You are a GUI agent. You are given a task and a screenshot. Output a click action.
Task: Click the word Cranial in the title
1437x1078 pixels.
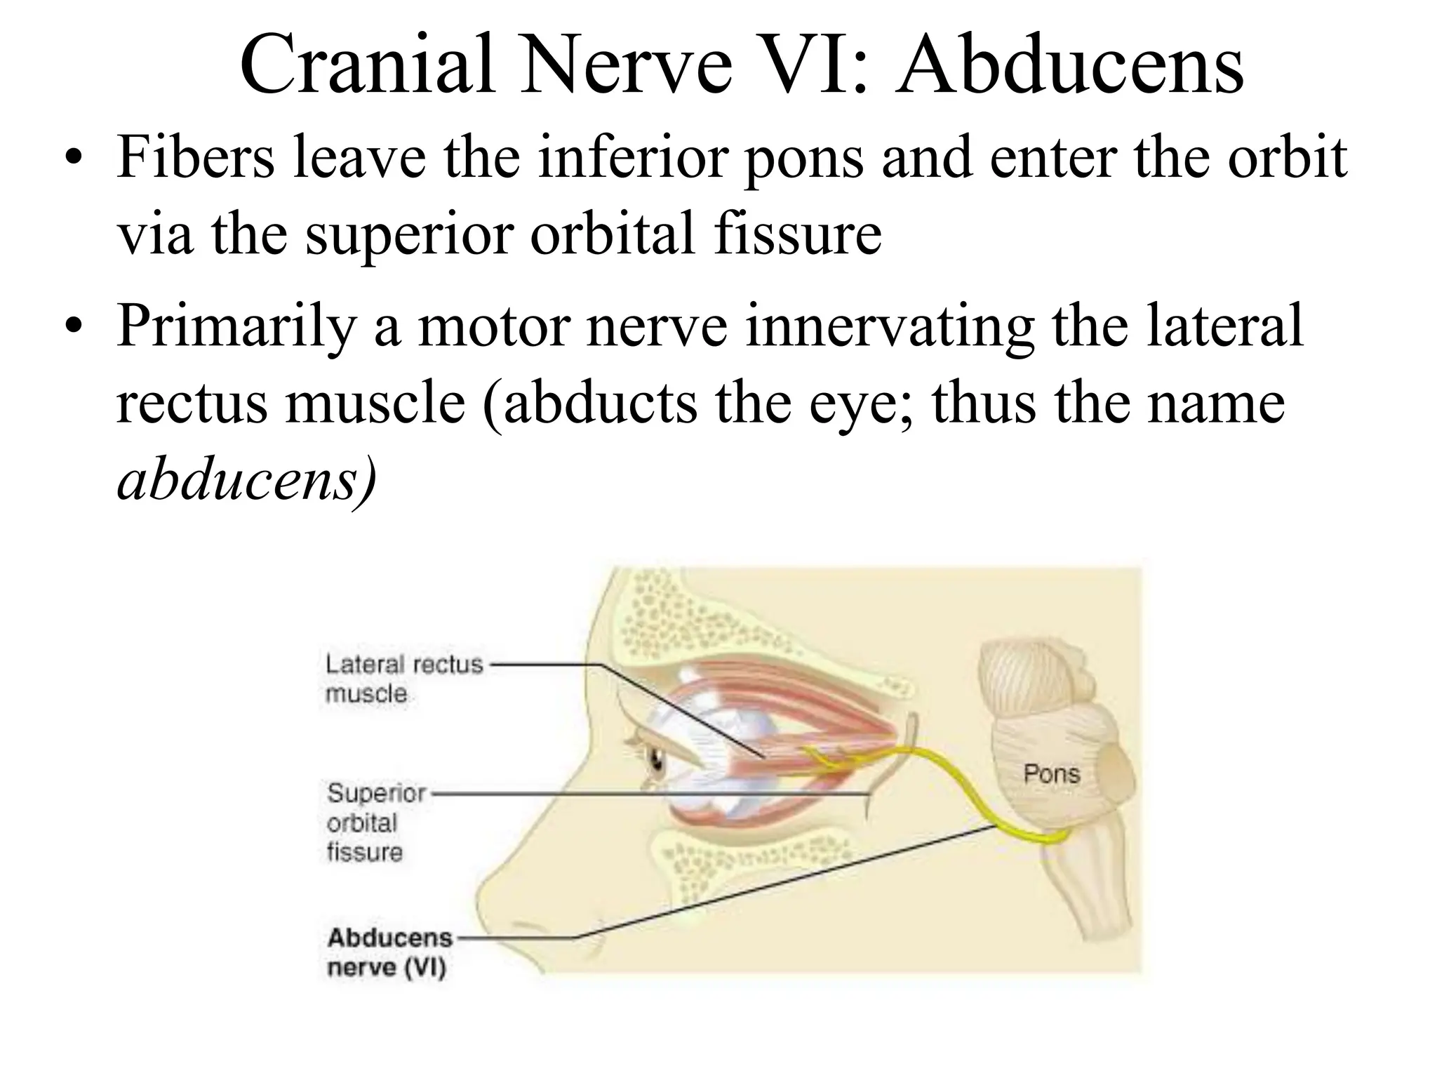click(368, 65)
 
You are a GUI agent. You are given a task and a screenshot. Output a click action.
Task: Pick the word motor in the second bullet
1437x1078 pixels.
click(494, 327)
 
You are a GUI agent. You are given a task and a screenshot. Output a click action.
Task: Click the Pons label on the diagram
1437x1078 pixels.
click(1051, 774)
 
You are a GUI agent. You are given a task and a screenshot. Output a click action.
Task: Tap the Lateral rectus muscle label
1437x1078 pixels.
click(403, 679)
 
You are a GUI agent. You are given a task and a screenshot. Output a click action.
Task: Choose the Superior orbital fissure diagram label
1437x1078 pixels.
click(375, 823)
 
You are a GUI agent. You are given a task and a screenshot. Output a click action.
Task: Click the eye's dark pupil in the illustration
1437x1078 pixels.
click(657, 760)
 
